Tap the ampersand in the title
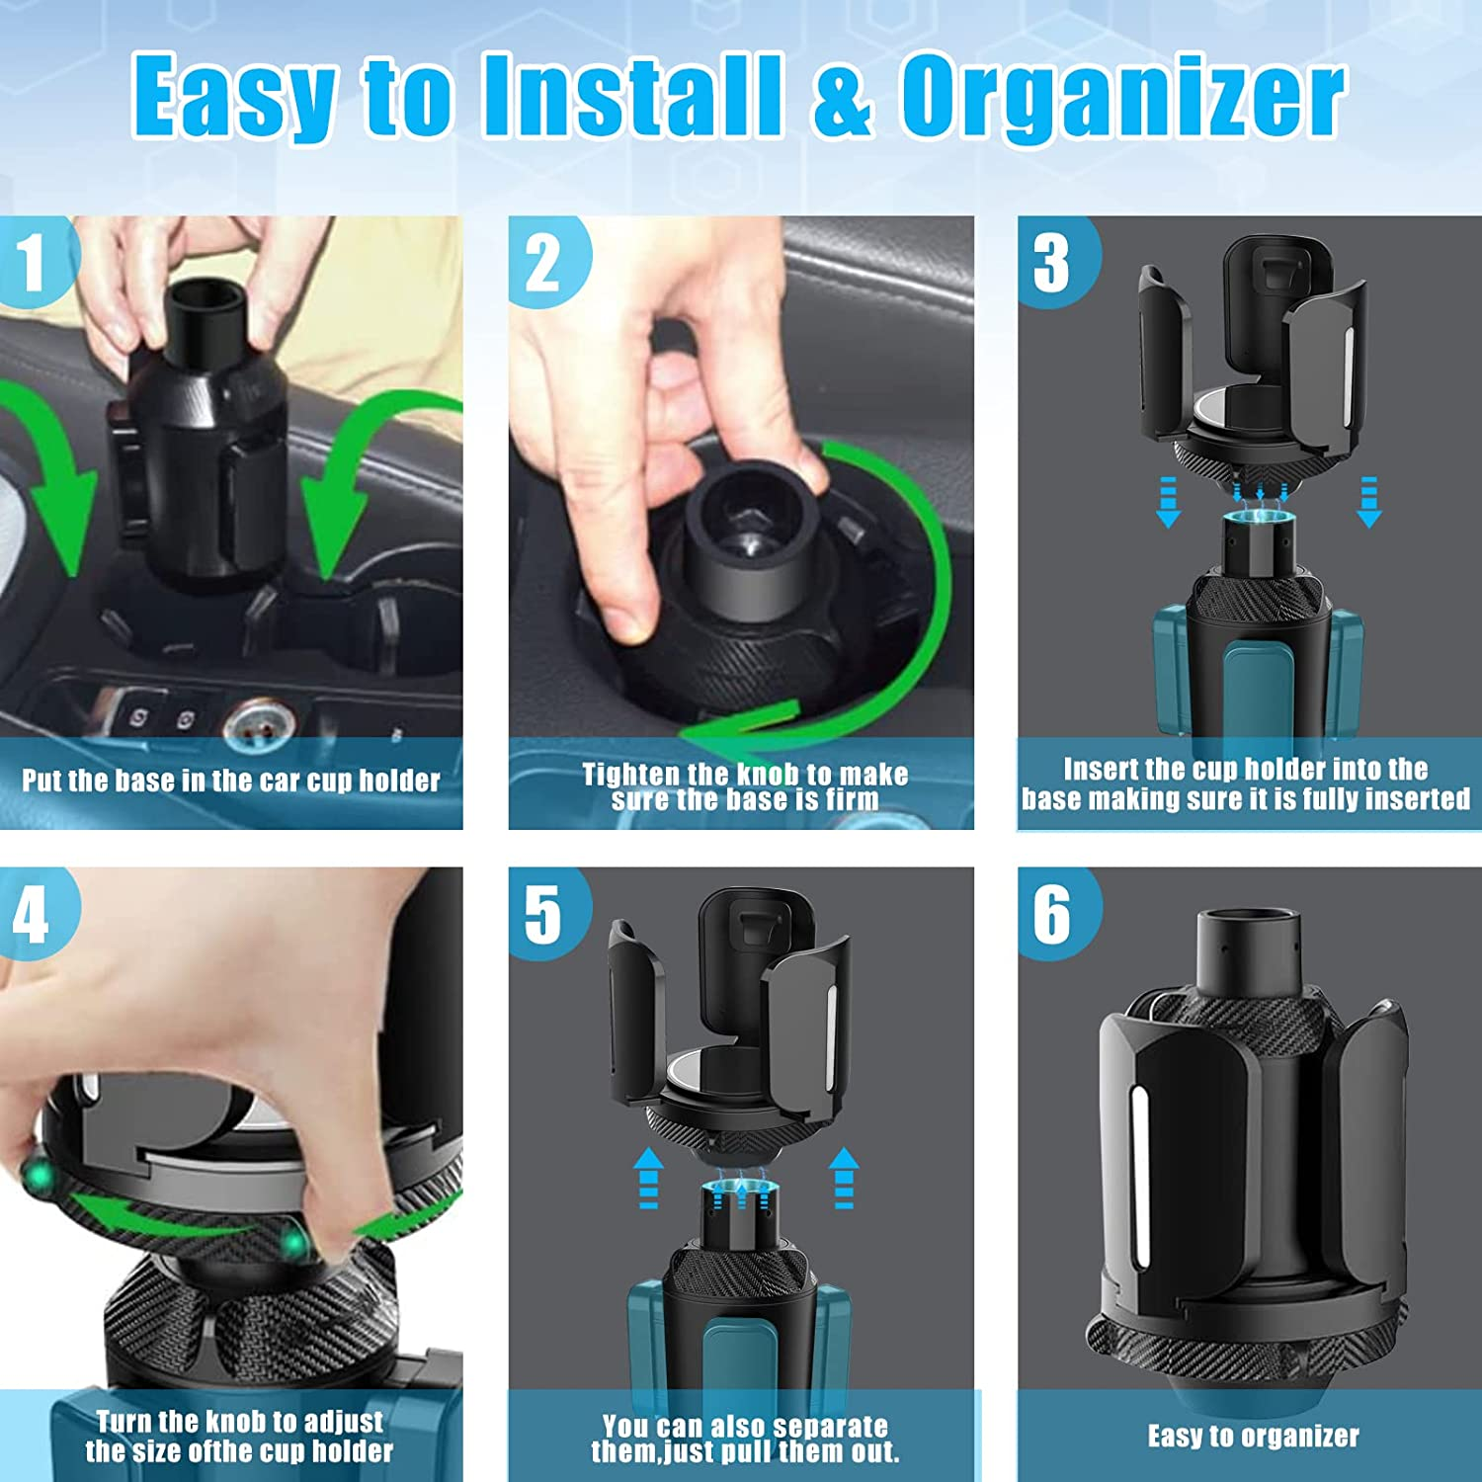point(842,96)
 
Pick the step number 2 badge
point(543,263)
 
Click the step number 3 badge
point(1052,263)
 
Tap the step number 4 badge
point(33,913)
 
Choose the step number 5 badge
point(543,914)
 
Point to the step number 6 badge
point(1052,914)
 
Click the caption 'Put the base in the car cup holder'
point(231,782)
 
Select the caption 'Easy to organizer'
point(1253,1437)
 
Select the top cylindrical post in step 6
point(1253,953)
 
